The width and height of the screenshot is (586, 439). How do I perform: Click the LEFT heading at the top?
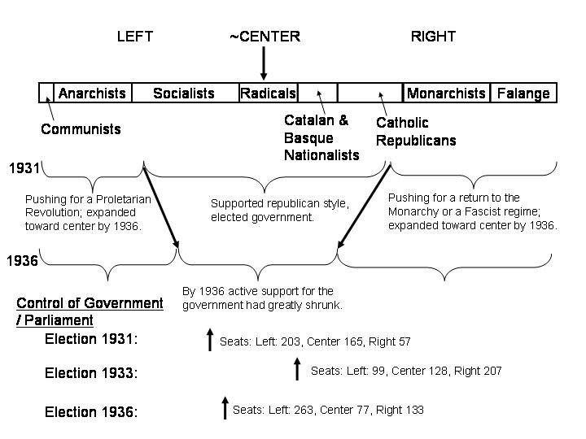[134, 37]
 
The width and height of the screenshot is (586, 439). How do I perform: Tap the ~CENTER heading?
[265, 37]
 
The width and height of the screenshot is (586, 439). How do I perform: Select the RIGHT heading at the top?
[433, 37]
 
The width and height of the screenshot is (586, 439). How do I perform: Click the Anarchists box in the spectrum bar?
[92, 93]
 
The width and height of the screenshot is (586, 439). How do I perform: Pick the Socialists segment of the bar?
[184, 93]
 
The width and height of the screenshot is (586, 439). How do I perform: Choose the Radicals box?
[268, 93]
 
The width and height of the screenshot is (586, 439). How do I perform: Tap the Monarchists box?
[446, 93]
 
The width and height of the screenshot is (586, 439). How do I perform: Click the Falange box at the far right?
[523, 93]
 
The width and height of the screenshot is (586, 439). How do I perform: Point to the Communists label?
[81, 129]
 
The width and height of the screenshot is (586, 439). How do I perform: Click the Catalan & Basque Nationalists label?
[321, 137]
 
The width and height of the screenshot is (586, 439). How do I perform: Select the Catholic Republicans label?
[415, 132]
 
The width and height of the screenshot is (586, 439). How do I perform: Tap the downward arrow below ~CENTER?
[264, 62]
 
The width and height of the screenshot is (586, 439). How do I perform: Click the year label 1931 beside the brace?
[24, 168]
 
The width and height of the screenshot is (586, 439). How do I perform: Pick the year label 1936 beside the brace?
[23, 261]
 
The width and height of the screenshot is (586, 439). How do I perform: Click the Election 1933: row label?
[91, 373]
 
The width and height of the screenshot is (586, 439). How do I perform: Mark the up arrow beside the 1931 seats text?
[209, 340]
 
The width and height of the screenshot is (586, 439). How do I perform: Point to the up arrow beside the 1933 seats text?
[297, 370]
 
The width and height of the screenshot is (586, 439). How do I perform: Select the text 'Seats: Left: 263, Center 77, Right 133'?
[328, 410]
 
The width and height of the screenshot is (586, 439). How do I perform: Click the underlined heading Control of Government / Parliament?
[90, 311]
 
